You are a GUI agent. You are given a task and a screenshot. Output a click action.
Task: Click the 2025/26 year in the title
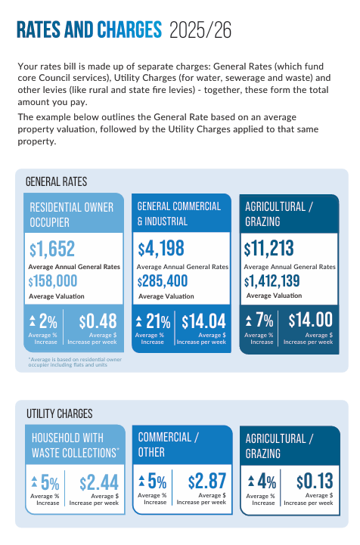tap(200, 30)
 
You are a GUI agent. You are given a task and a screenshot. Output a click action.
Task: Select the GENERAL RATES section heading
tap(57, 181)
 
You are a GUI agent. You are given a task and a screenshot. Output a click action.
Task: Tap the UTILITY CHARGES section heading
tap(60, 413)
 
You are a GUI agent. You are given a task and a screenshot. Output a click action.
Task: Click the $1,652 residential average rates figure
tap(52, 249)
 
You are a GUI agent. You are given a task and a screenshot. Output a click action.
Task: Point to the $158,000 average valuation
tap(53, 281)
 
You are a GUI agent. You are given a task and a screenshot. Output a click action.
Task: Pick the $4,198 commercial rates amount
tap(161, 249)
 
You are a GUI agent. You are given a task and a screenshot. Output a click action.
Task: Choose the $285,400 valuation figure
tap(163, 281)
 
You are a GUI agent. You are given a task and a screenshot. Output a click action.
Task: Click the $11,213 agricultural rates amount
tap(269, 249)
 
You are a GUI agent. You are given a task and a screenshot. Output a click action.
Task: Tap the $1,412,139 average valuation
tap(272, 281)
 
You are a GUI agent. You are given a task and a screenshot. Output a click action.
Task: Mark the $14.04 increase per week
tap(204, 321)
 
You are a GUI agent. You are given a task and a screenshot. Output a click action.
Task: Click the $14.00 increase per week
tap(311, 320)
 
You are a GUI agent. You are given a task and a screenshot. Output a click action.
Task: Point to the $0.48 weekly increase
tap(98, 321)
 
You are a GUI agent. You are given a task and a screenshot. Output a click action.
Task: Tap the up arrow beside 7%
tap(248, 320)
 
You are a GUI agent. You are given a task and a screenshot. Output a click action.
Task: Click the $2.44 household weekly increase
tap(99, 483)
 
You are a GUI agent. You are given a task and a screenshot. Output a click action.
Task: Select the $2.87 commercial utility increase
tap(207, 482)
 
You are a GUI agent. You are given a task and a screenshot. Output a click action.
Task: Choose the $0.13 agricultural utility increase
tap(315, 482)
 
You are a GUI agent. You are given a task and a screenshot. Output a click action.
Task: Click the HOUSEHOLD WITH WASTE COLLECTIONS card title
tap(75, 445)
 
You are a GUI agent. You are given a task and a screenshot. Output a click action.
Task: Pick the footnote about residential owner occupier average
tap(75, 362)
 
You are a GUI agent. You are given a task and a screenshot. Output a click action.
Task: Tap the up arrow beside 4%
tap(251, 481)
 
